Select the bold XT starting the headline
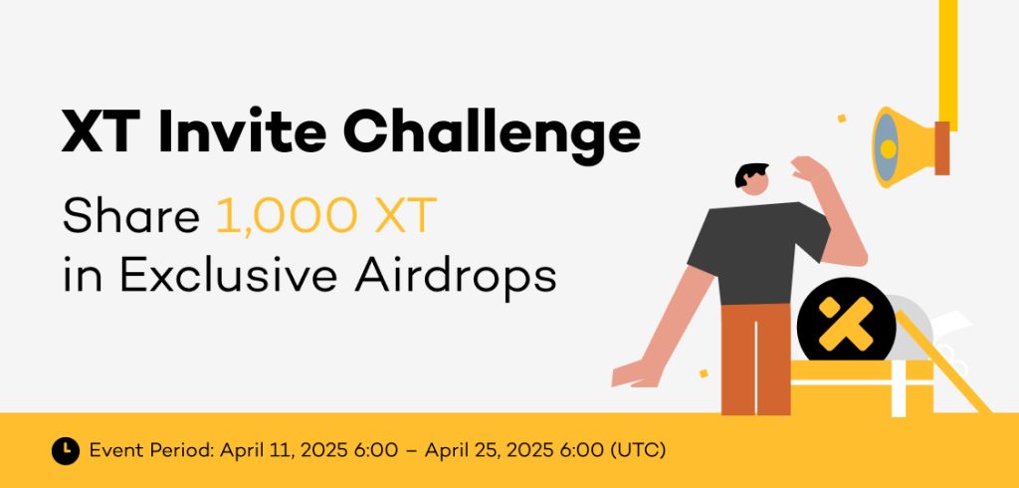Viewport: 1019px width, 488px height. (x=102, y=132)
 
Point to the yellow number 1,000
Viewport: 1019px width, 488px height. (x=286, y=217)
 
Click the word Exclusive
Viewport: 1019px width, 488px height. (x=228, y=276)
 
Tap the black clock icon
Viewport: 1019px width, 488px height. (x=66, y=450)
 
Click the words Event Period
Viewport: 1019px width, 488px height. (x=151, y=450)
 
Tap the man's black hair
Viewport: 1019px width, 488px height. (x=750, y=173)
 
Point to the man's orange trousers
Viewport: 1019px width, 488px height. (x=756, y=358)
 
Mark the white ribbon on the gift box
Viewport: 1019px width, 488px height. (x=899, y=388)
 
